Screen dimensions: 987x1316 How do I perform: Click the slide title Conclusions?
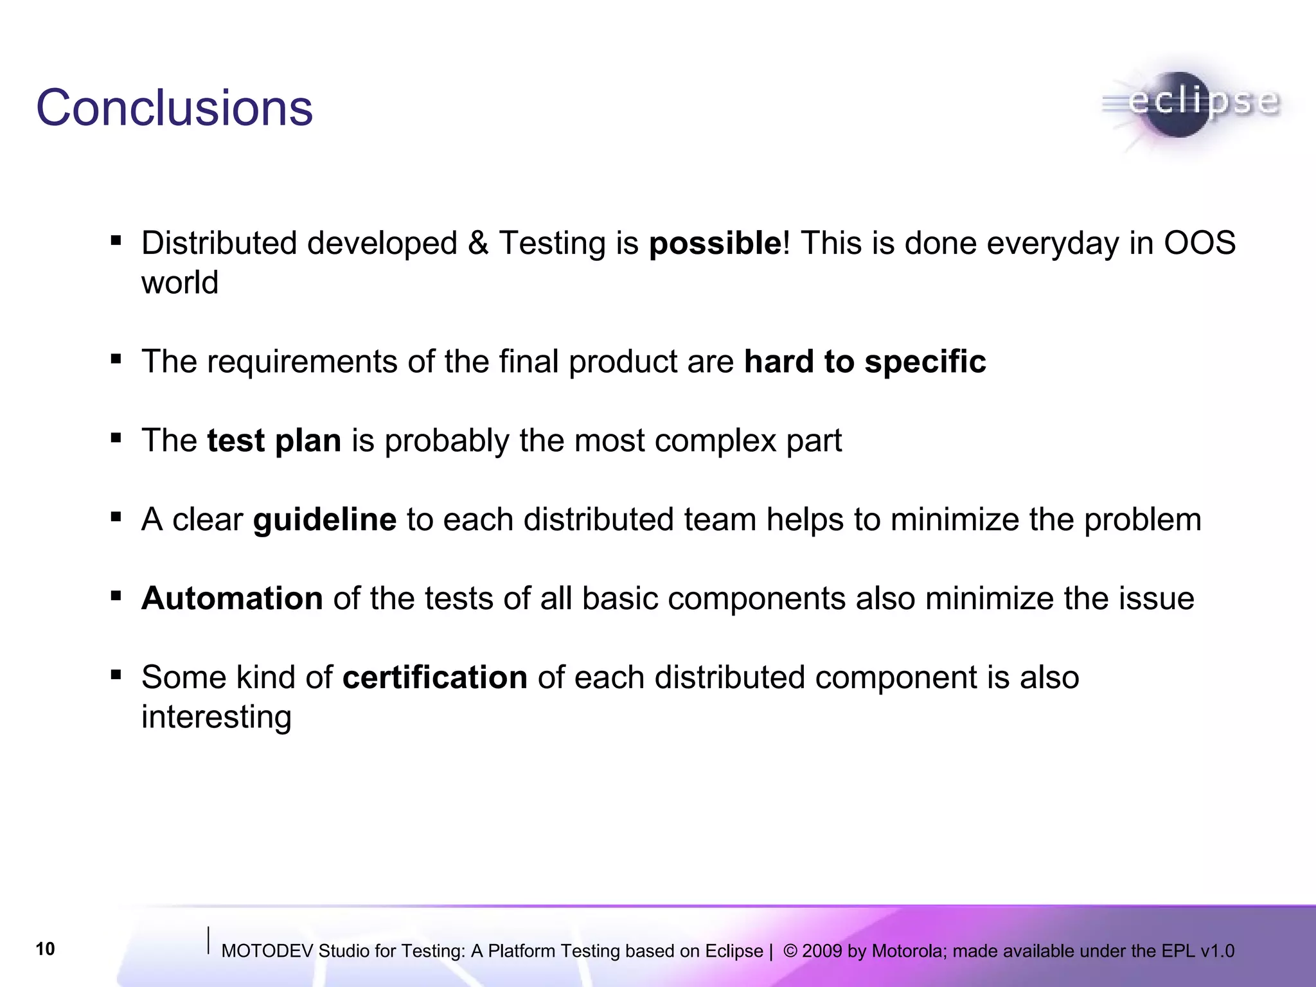(174, 108)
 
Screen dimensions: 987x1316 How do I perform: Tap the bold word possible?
(715, 244)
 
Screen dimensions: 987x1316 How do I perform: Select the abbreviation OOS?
(1200, 244)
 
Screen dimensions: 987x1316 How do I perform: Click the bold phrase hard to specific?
(864, 362)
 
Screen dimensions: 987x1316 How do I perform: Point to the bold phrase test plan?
(274, 441)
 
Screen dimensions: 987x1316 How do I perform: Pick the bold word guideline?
(325, 520)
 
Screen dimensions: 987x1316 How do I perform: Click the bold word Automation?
(232, 599)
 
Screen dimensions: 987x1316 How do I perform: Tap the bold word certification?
(435, 678)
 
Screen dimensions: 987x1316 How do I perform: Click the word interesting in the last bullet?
(217, 717)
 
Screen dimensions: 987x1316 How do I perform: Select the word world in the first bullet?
(180, 283)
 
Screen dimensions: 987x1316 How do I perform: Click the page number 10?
(45, 949)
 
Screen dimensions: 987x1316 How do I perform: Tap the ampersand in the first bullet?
(478, 244)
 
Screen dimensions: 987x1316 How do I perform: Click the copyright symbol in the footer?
(790, 951)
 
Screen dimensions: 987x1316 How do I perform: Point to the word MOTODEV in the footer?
(267, 951)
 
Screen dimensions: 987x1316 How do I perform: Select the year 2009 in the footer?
(822, 951)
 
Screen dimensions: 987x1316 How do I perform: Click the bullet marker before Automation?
(116, 596)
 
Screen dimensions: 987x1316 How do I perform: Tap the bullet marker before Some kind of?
(116, 675)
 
